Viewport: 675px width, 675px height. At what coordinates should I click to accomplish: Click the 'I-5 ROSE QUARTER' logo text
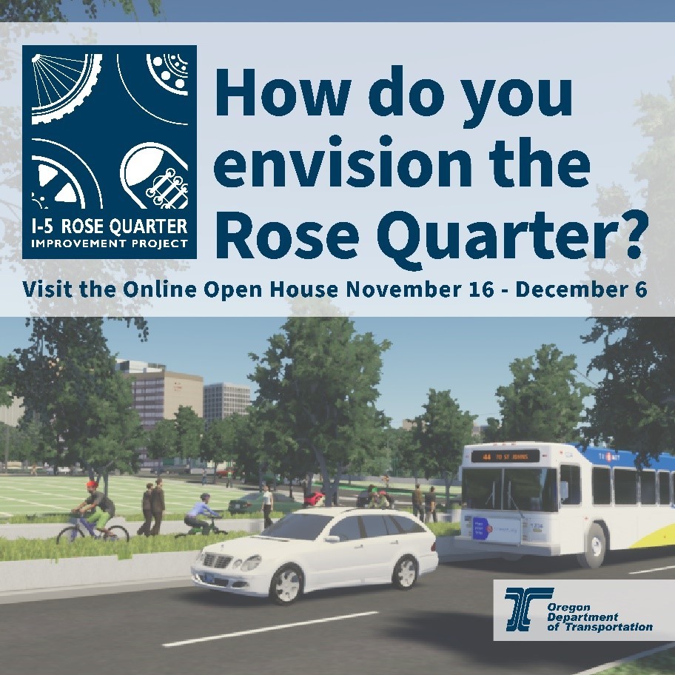tap(110, 225)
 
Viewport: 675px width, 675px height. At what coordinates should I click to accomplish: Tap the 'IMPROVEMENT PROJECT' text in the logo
tap(110, 244)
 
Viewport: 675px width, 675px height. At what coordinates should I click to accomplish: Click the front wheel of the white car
tap(286, 585)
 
